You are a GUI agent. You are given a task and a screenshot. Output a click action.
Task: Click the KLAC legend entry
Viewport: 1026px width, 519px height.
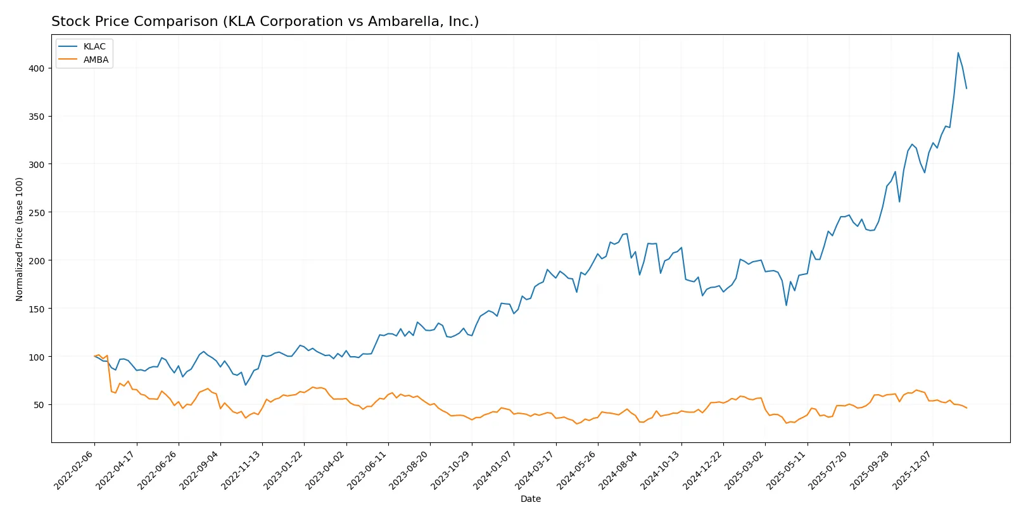(x=94, y=46)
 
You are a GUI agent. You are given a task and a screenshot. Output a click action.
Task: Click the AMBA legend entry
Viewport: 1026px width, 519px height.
(x=96, y=60)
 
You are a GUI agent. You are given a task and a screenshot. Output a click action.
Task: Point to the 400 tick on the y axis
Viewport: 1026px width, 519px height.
(x=36, y=68)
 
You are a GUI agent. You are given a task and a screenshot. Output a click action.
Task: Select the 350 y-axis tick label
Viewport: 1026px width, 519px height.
(x=36, y=117)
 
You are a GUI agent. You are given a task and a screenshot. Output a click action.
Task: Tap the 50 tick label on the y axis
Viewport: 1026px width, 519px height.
(x=39, y=405)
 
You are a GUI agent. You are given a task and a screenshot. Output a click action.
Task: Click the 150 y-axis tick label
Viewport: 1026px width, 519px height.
(x=36, y=309)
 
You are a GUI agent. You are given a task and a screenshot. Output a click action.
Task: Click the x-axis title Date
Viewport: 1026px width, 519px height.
(x=530, y=499)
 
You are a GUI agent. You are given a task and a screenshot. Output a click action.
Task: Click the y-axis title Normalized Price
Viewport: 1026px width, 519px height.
(x=20, y=239)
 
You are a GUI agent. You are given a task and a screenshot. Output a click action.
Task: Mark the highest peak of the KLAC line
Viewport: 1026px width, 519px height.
(x=958, y=53)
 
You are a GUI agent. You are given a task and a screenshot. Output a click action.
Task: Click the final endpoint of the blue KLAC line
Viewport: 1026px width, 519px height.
(x=966, y=88)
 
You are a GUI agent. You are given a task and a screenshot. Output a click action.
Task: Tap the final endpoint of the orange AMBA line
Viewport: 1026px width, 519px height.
(x=966, y=407)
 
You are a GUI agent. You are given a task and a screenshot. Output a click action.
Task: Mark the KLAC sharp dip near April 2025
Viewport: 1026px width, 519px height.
(x=787, y=305)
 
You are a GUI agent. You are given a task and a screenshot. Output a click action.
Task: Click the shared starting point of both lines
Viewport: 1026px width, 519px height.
(x=94, y=356)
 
